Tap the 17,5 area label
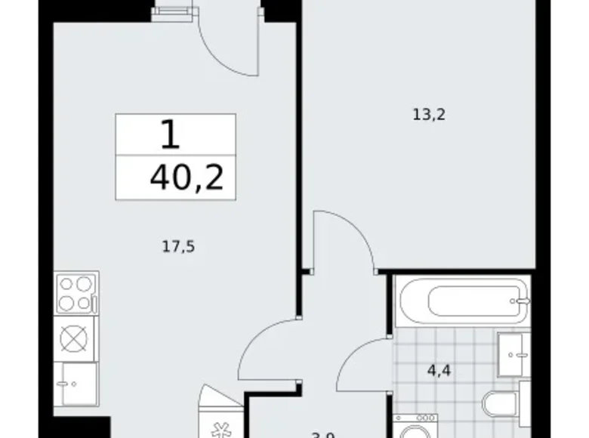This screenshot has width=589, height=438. coord(172,245)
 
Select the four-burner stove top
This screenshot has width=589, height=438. coord(76,293)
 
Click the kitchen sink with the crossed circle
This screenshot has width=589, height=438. coord(75,337)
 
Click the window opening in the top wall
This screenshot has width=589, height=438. coord(171,13)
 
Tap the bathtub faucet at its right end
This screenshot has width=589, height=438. coord(523,301)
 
